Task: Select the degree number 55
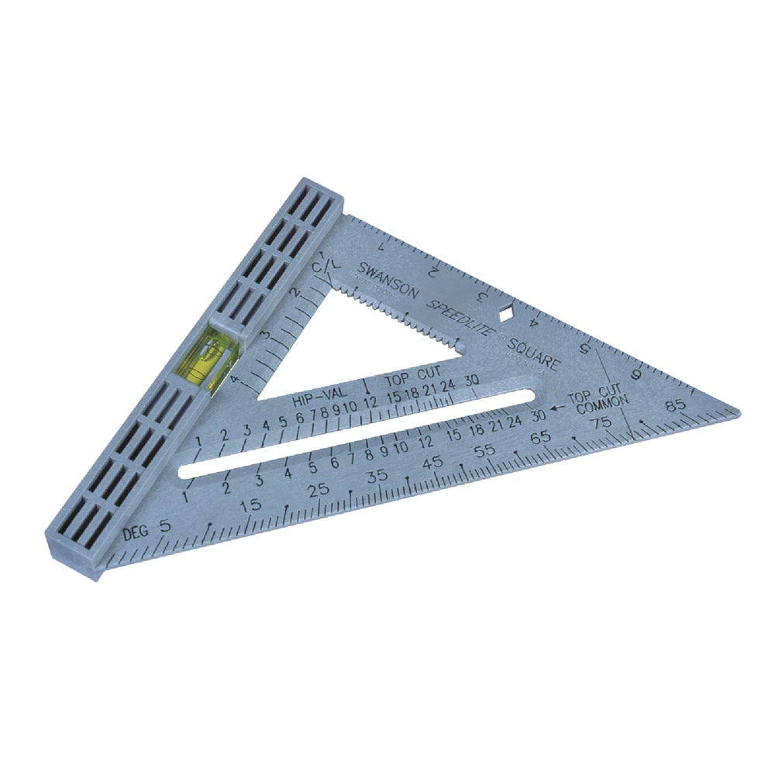485,449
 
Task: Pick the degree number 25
318,490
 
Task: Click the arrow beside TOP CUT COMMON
556,405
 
